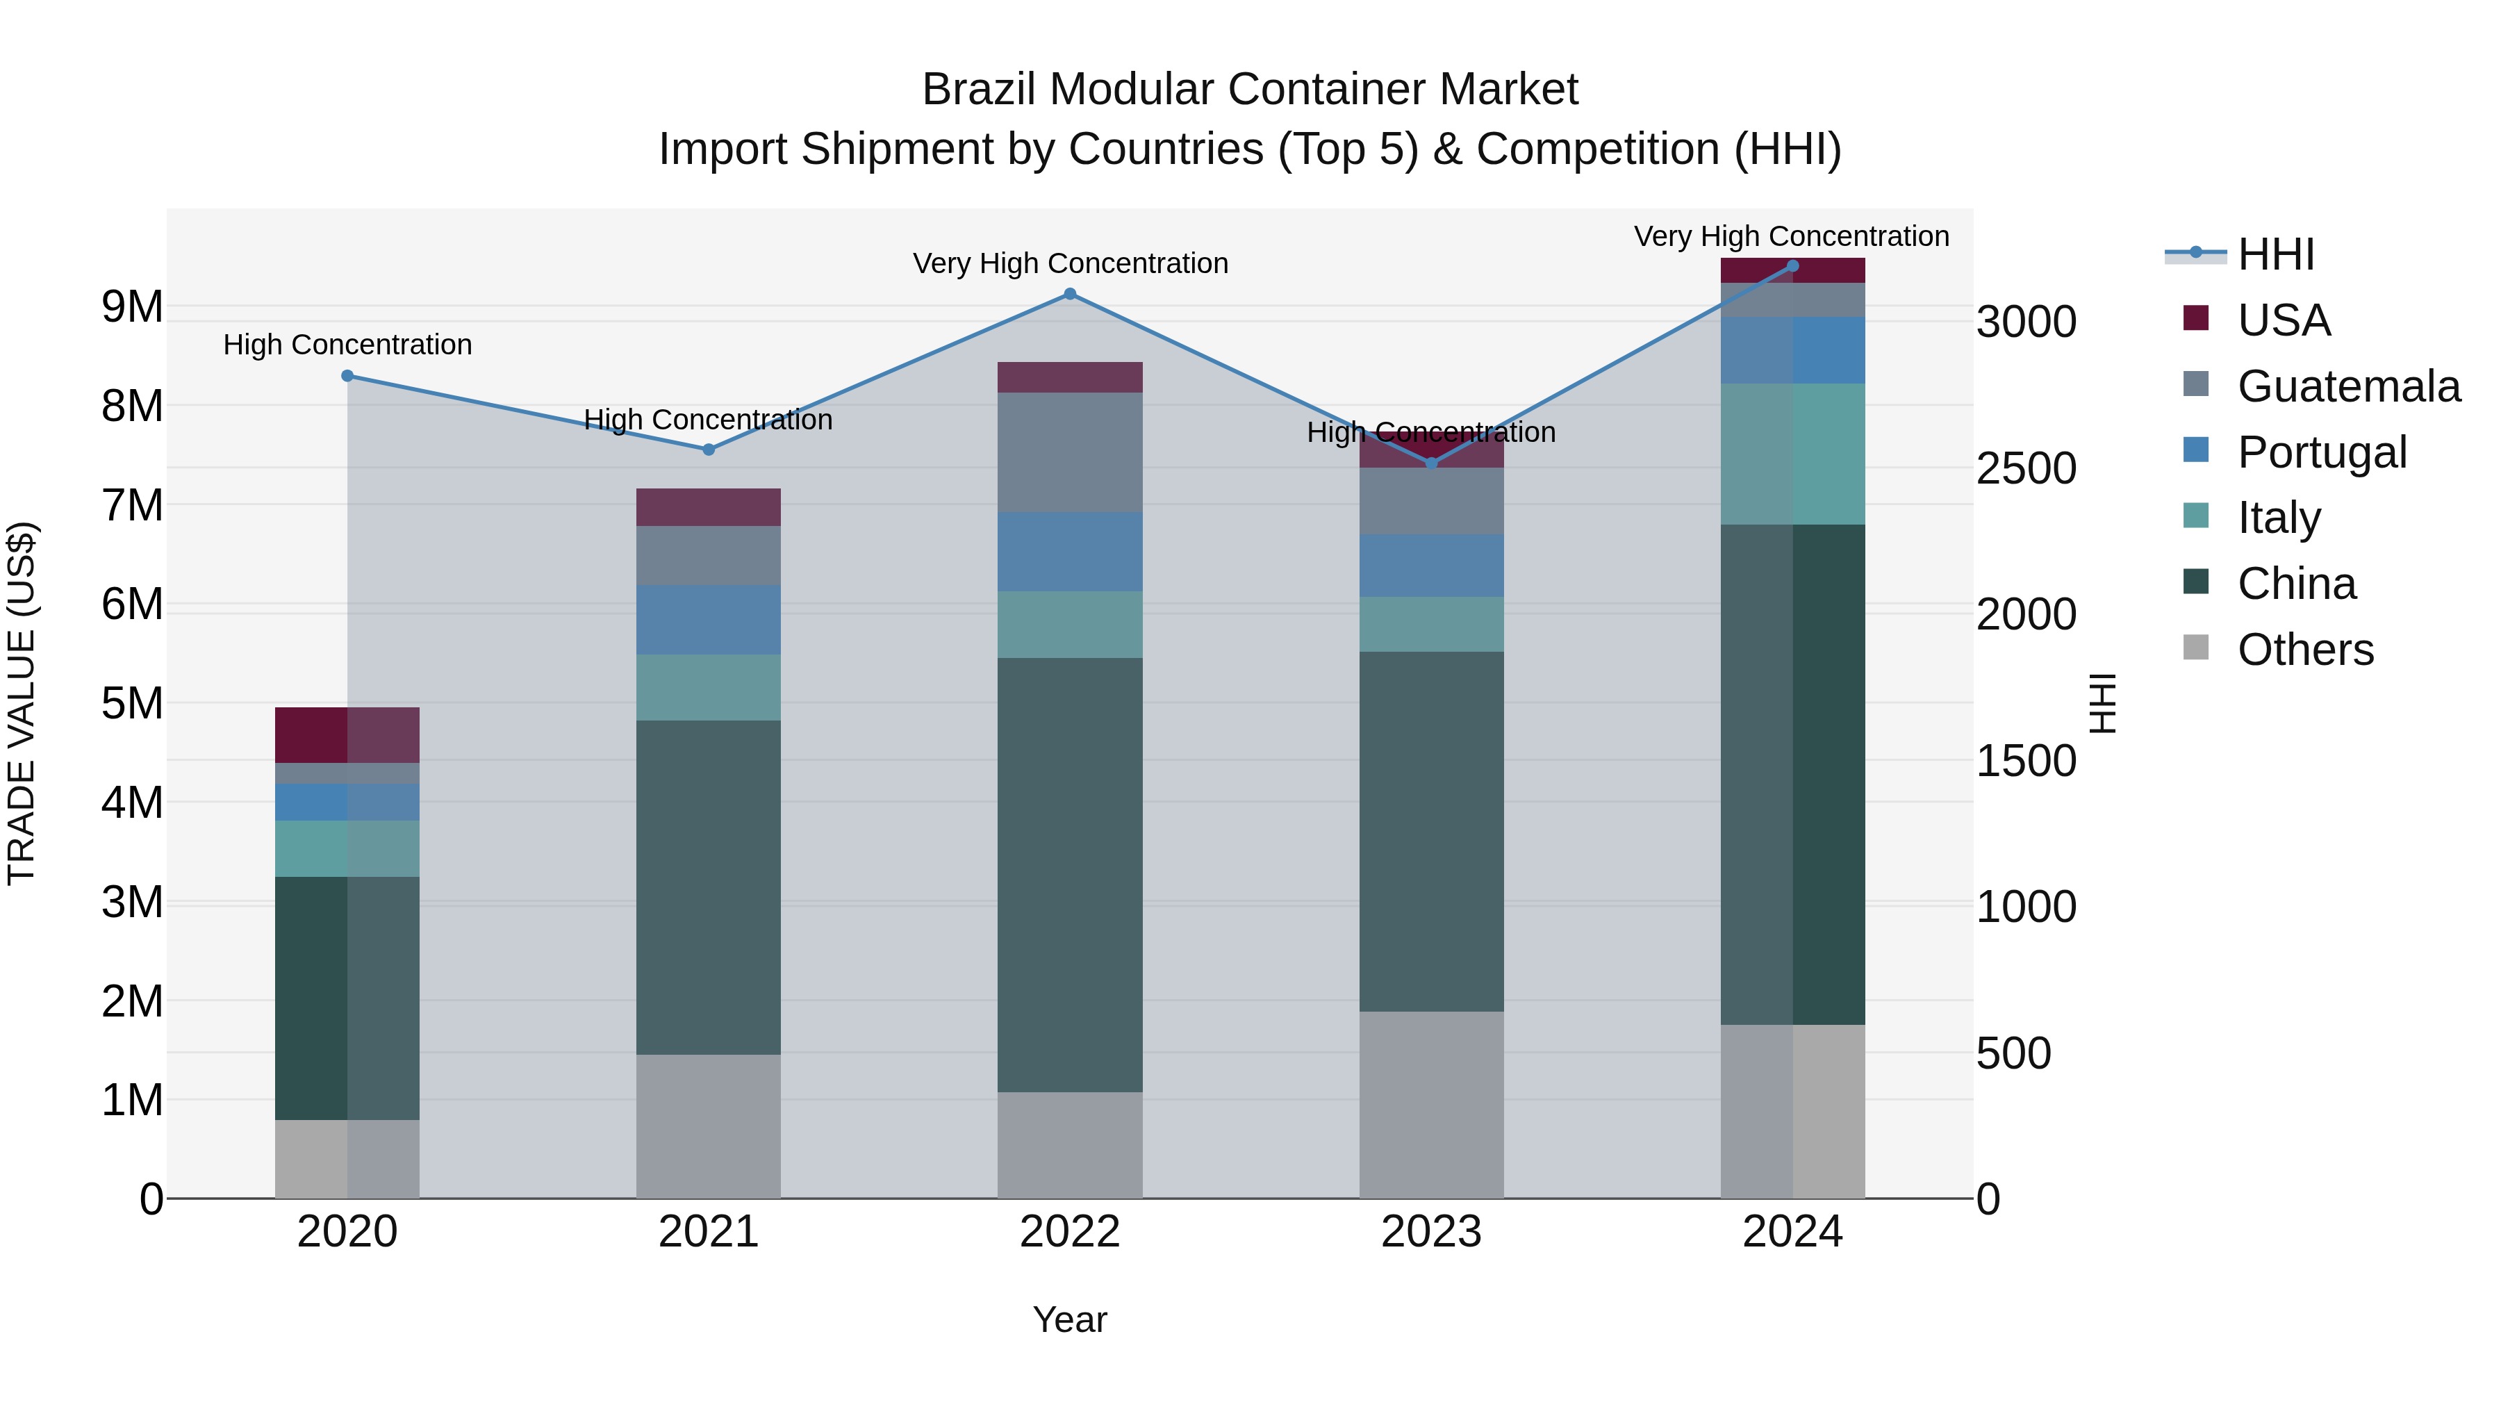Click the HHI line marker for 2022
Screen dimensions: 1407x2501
coord(1070,294)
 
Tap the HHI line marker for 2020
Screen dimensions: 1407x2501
coord(347,376)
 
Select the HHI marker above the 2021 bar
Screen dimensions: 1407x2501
coord(709,450)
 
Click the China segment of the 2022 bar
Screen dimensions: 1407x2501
coord(1070,874)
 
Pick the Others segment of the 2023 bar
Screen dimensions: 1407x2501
coord(1431,1105)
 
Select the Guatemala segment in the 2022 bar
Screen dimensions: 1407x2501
coord(1070,452)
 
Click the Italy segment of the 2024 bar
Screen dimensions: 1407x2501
coord(1792,454)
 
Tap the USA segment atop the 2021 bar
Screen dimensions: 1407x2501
coord(709,507)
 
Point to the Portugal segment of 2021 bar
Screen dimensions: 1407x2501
coord(709,620)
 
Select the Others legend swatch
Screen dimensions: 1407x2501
coord(2196,648)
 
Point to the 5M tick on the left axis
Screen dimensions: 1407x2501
coord(132,703)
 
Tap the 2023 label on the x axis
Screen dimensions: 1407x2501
coord(1431,1232)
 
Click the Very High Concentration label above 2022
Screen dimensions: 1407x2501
coord(1070,263)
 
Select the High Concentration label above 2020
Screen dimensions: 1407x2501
coord(347,345)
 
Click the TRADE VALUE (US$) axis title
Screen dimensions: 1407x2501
coord(22,703)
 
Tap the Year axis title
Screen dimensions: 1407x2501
coord(1070,1319)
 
